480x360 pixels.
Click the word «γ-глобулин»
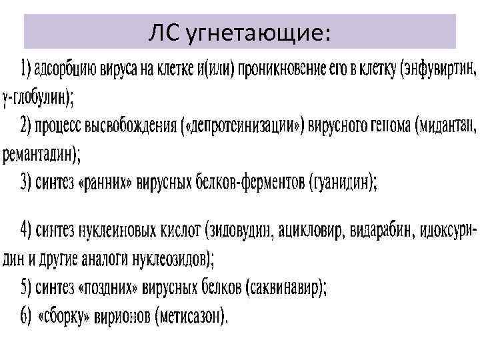[x=38, y=98]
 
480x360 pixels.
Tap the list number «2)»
[x=27, y=126]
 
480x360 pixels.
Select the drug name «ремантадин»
[x=40, y=155]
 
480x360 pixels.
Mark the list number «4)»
[x=27, y=231]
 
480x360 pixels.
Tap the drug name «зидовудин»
[x=242, y=231]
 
